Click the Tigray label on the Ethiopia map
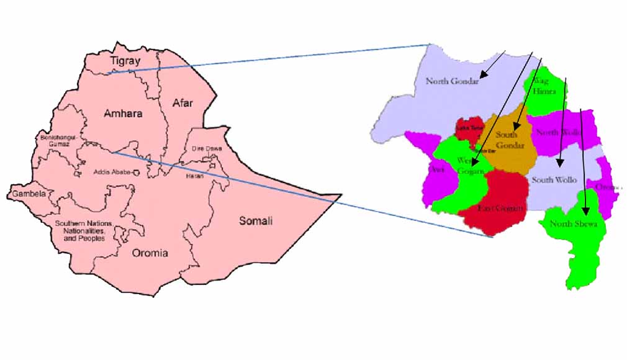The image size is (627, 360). [x=125, y=61]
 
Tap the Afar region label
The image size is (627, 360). [x=183, y=103]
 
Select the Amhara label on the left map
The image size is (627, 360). [x=123, y=114]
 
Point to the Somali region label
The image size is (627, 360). [x=256, y=221]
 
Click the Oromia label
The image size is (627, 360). [x=150, y=253]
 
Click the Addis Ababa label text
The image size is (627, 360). [x=111, y=172]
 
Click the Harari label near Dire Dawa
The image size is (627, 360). [x=194, y=176]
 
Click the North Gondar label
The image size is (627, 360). [x=452, y=81]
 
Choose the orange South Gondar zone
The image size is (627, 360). [x=510, y=149]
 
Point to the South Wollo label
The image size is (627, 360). [x=554, y=180]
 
